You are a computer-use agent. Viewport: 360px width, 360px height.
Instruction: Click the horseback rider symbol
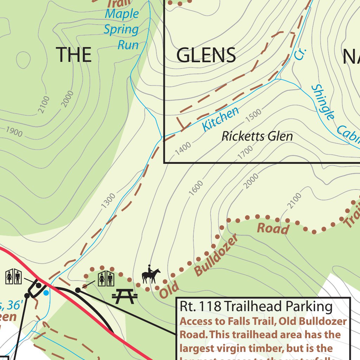pos(151,275)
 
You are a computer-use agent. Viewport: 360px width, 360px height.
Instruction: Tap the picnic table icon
pos(124,296)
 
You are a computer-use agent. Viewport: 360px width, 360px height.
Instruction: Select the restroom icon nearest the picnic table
pos(106,279)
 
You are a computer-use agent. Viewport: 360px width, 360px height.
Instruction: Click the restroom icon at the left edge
pos(14,277)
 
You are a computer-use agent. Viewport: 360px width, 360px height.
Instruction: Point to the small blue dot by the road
pos(46,292)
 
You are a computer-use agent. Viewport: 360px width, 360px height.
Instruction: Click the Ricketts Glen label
pos(257,136)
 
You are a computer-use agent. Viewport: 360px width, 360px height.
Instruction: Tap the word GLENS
pos(206,55)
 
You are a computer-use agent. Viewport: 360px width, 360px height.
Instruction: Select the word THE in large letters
pos(74,55)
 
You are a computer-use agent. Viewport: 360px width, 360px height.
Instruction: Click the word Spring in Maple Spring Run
pos(121,30)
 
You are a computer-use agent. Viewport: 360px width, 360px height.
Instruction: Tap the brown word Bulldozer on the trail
pos(216,255)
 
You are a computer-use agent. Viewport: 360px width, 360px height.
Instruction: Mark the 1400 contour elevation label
pos(183,148)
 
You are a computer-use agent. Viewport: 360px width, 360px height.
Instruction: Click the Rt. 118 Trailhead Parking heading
pos(256,307)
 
